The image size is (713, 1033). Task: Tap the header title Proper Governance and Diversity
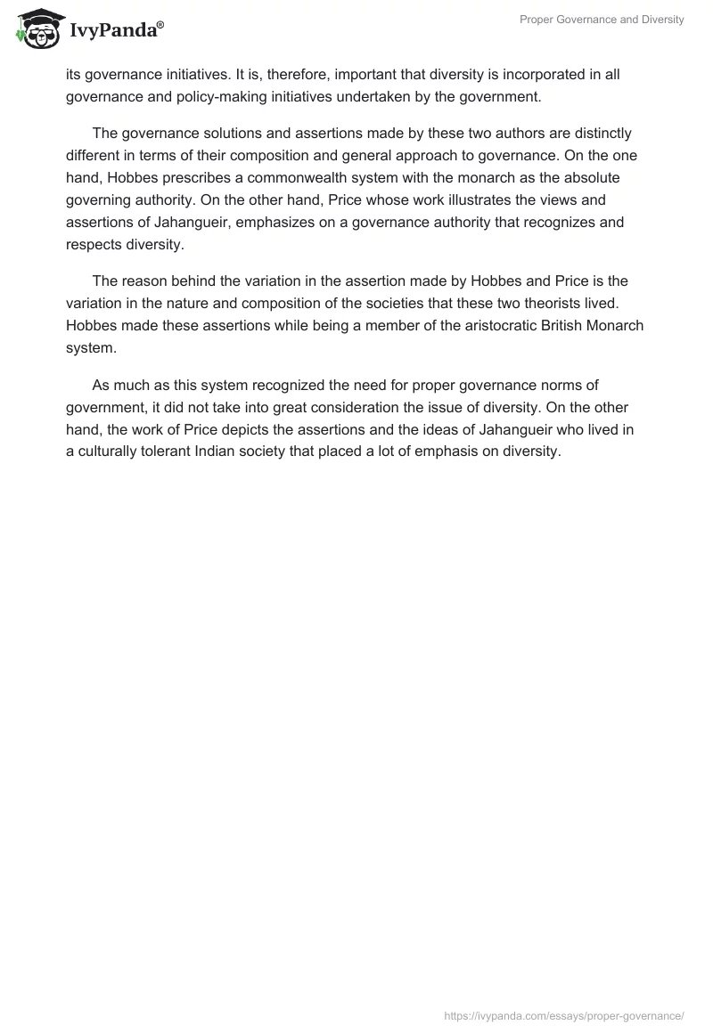click(602, 20)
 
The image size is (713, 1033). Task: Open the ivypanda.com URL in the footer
click(564, 1015)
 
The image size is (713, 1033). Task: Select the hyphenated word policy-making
click(216, 97)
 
